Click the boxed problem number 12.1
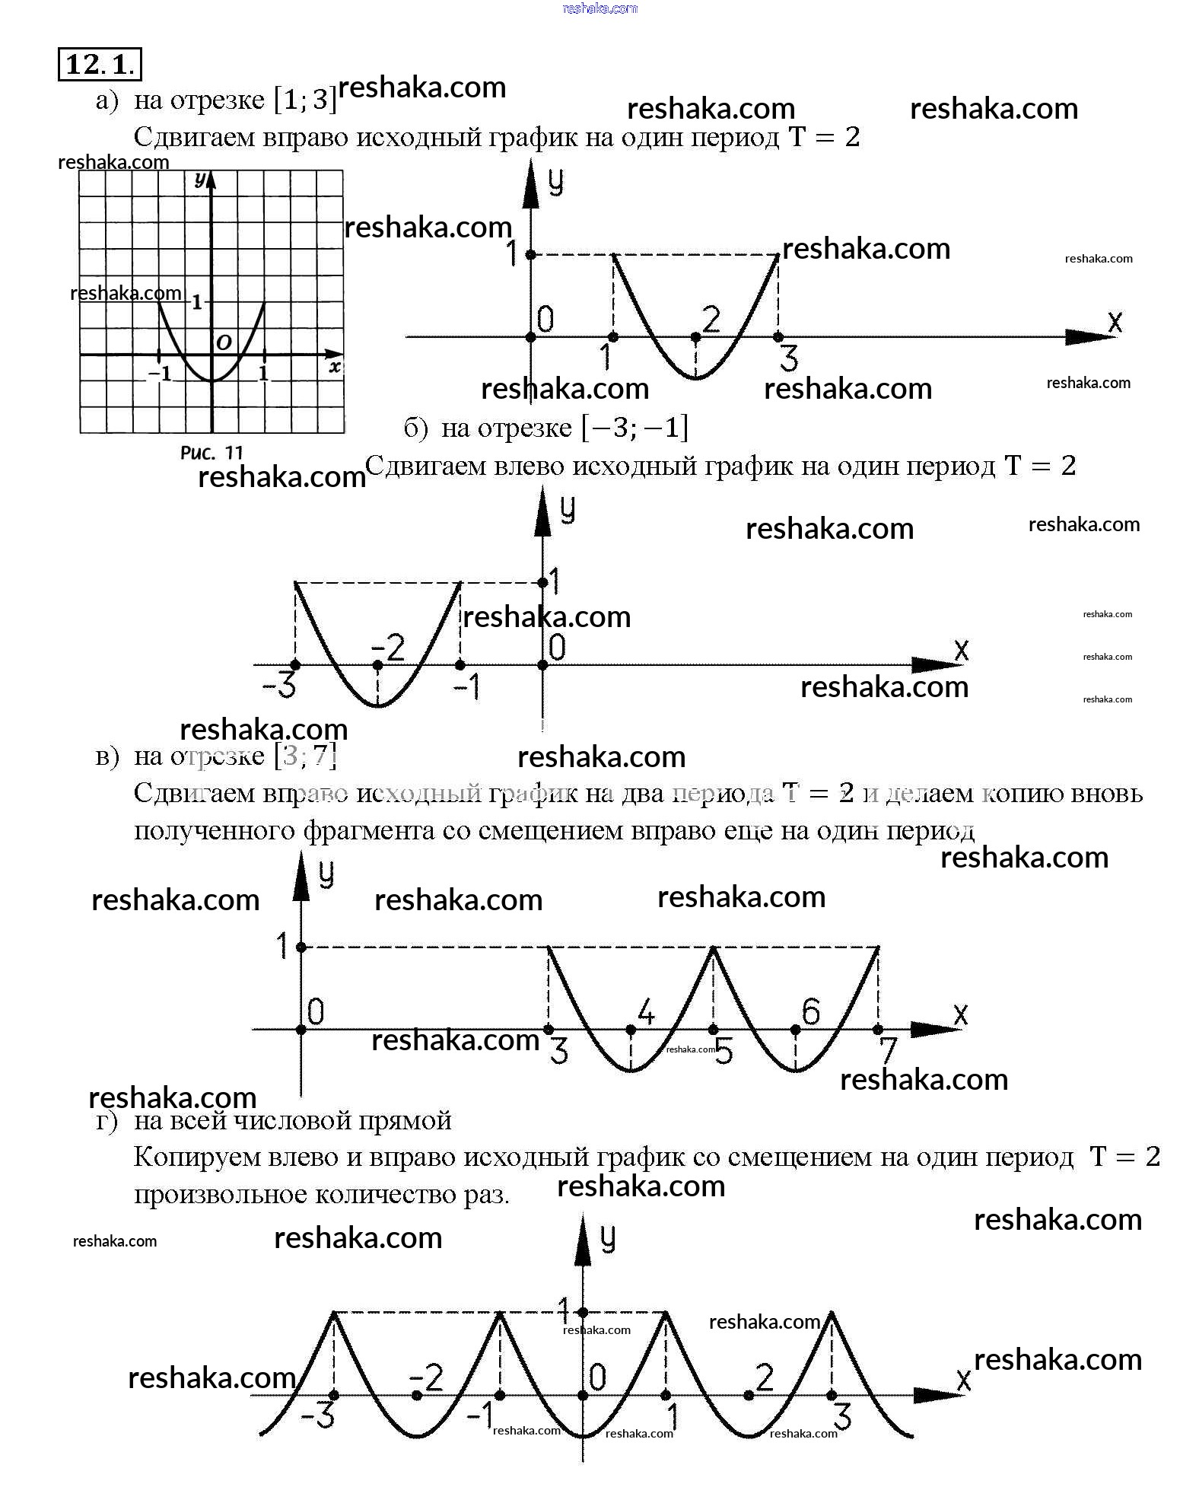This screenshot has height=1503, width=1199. click(100, 64)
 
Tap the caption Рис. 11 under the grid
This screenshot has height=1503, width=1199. click(211, 453)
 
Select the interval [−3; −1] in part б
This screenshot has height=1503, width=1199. click(634, 428)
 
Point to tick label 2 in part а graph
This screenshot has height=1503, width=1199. click(711, 319)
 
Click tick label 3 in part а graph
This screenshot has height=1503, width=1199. click(789, 358)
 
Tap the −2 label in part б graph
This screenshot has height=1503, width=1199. click(388, 648)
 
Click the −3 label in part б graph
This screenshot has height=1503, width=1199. click(278, 686)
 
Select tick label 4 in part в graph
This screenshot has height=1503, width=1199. click(646, 1012)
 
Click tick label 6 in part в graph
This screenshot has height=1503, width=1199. click(811, 1012)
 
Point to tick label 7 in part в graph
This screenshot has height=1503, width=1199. click(888, 1051)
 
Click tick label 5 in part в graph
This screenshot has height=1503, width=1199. click(723, 1052)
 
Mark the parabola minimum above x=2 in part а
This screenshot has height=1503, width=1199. click(695, 377)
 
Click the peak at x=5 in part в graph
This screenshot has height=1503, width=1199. click(713, 947)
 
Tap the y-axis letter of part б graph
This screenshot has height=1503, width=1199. click(568, 509)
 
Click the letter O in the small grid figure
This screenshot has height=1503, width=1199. click(224, 342)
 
